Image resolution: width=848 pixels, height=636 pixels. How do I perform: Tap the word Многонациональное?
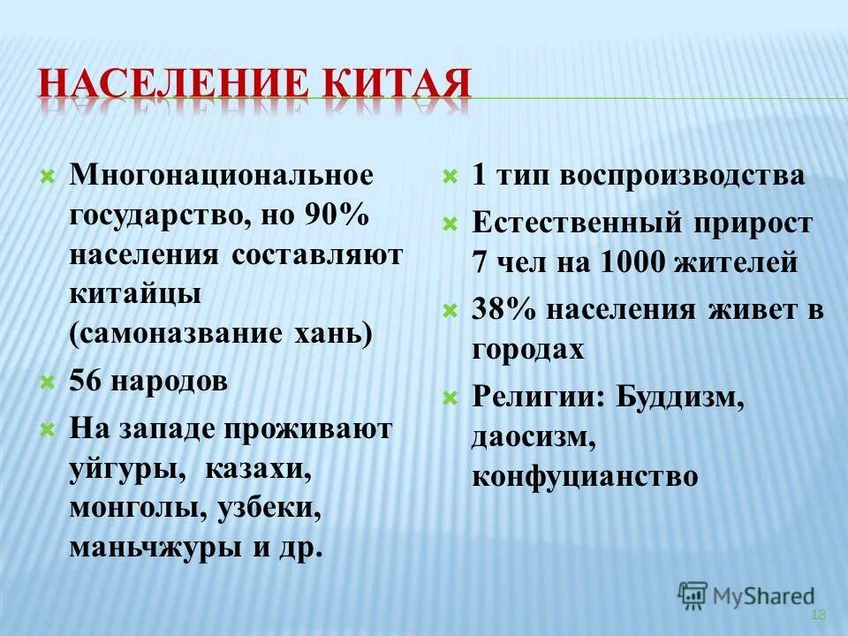point(222,175)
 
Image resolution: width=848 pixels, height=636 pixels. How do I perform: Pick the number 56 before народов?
point(87,382)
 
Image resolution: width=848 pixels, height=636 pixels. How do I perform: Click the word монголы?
point(138,509)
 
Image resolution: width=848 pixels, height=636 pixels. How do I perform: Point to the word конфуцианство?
point(585,477)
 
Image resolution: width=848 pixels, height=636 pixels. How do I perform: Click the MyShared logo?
point(746,595)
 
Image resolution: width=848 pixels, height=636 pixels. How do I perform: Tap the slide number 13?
point(817,615)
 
